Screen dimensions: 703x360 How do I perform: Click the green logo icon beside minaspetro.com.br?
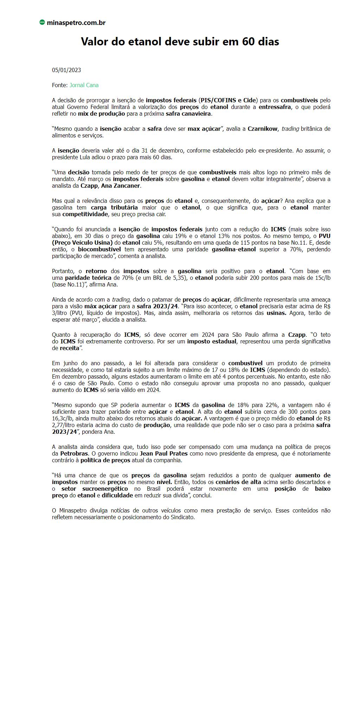42,22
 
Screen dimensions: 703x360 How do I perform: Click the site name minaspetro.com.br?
76,23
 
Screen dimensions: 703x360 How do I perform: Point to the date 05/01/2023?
66,70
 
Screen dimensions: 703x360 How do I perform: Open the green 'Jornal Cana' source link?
84,85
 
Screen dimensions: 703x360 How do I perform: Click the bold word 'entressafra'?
275,107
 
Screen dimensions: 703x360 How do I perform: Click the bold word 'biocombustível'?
99,250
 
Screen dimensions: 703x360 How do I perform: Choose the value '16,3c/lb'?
63,419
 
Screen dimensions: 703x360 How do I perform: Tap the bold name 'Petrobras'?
74,454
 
